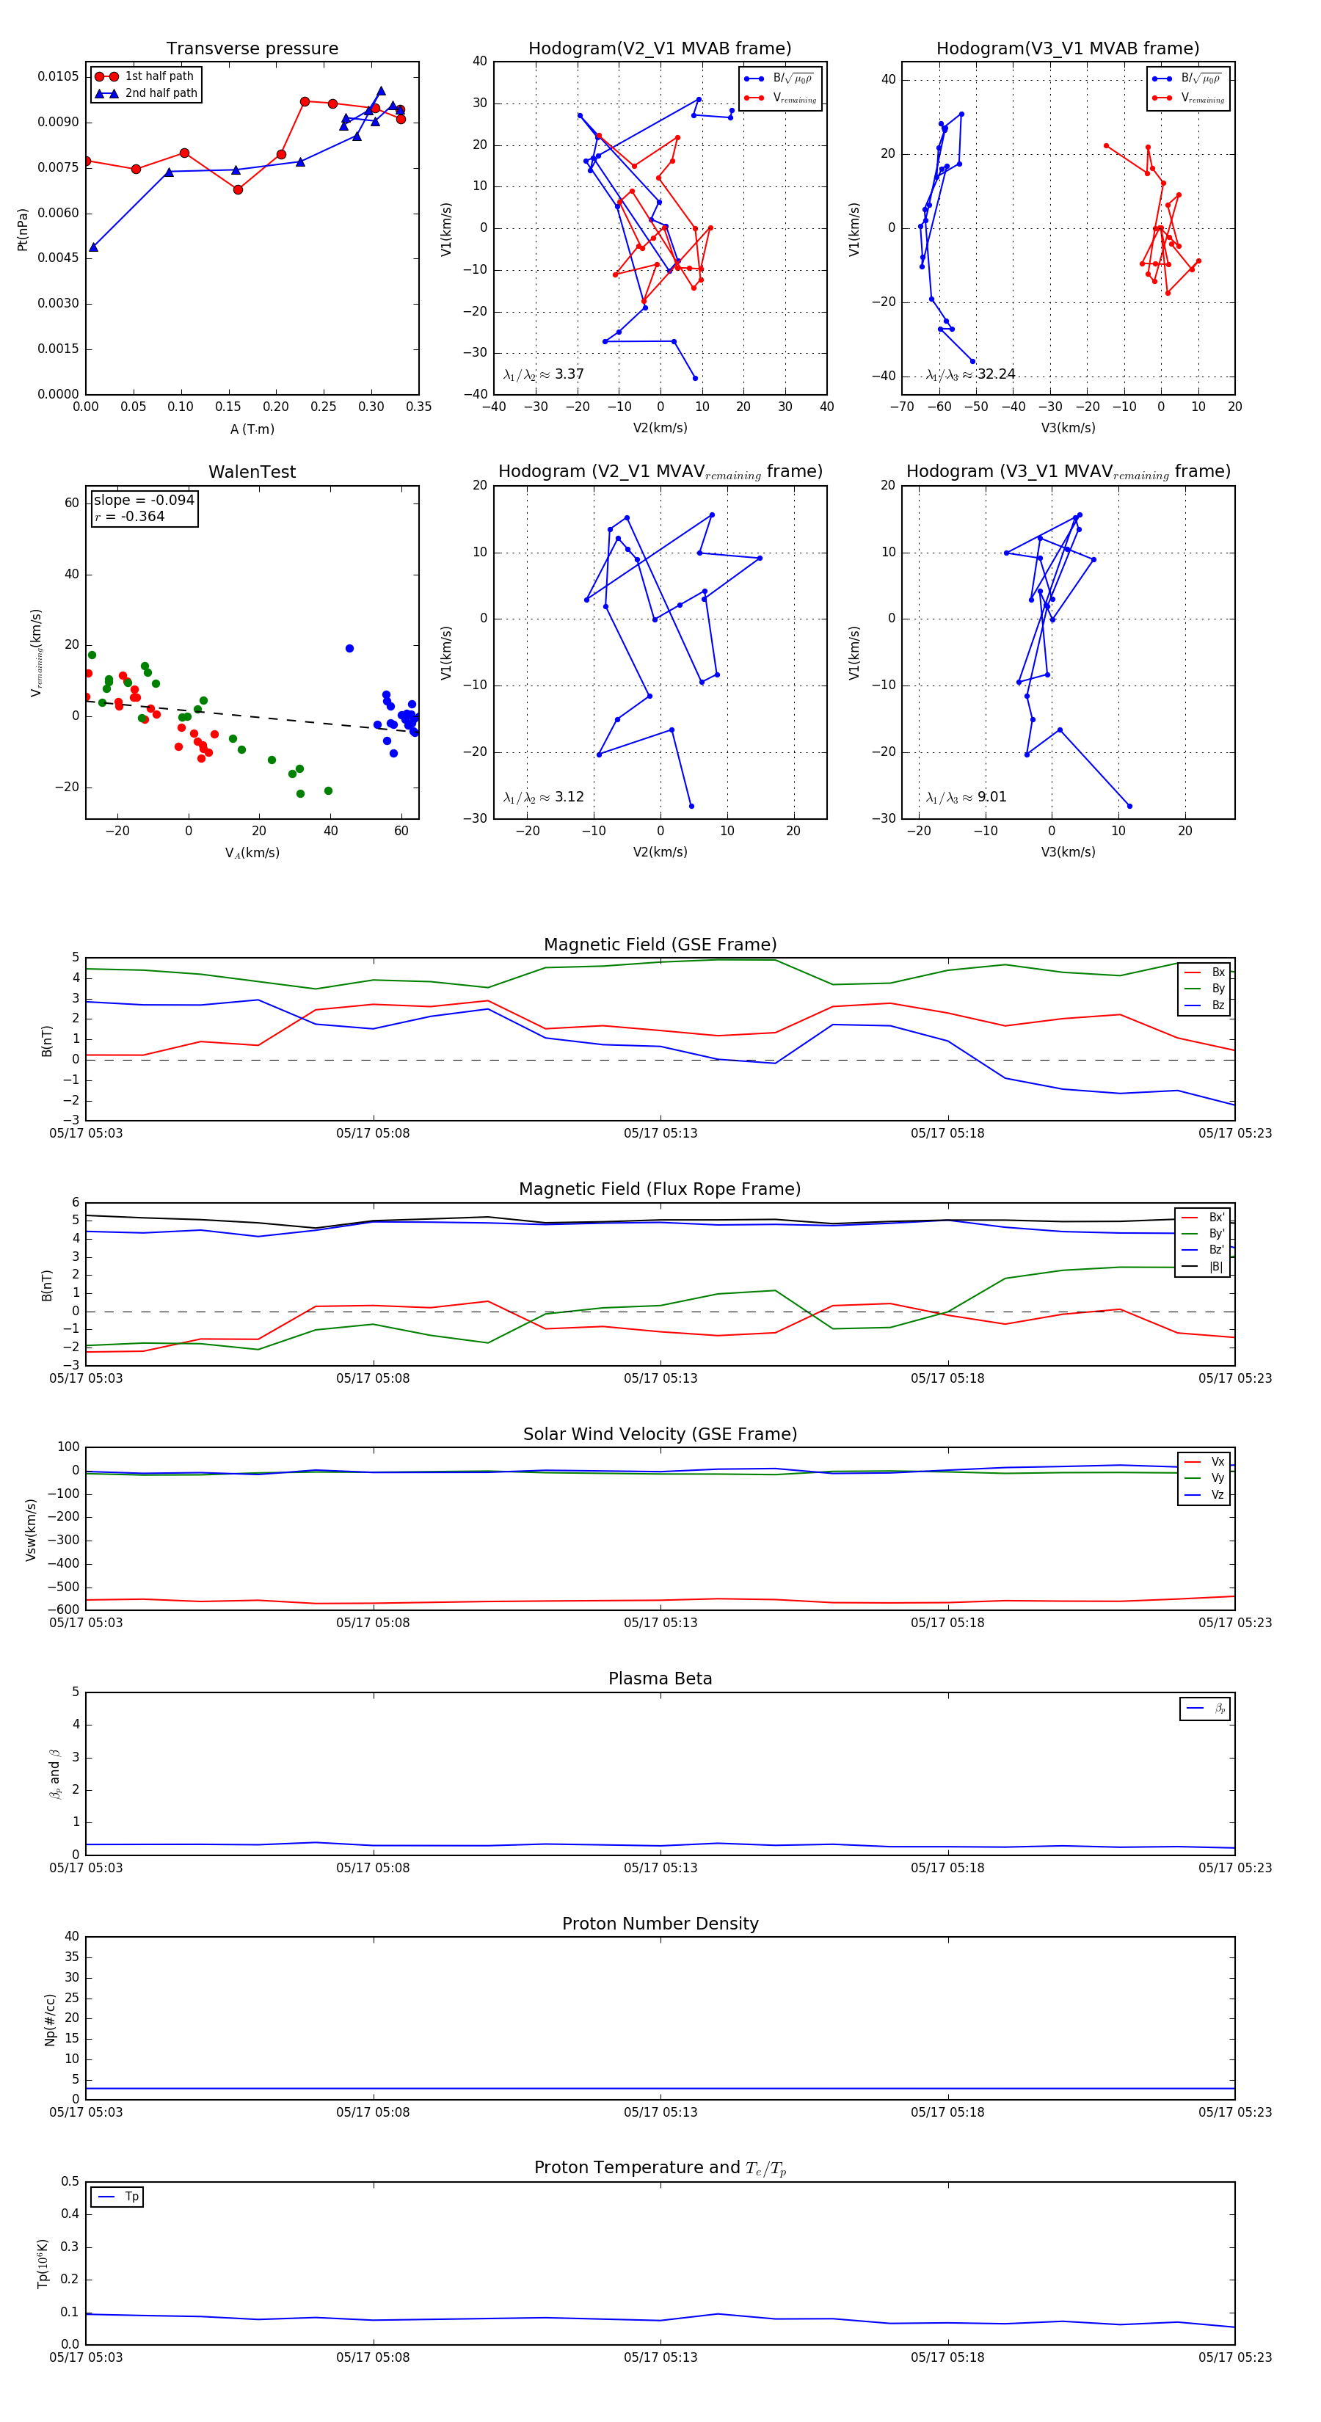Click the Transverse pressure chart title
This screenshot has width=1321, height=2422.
click(252, 49)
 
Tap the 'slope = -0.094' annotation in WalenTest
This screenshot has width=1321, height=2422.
click(144, 501)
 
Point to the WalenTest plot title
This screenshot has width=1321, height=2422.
click(252, 472)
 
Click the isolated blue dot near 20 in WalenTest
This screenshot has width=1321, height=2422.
click(350, 649)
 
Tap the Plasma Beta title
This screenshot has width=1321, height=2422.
click(660, 1679)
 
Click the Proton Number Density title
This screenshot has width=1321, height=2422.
click(660, 1924)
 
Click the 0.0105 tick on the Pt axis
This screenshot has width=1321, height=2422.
click(58, 76)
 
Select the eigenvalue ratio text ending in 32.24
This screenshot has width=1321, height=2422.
click(970, 374)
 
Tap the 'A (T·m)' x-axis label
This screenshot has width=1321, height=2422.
click(252, 429)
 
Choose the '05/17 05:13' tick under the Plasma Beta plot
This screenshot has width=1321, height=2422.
click(660, 1867)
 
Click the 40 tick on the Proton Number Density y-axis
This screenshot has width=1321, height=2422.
click(71, 1937)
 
